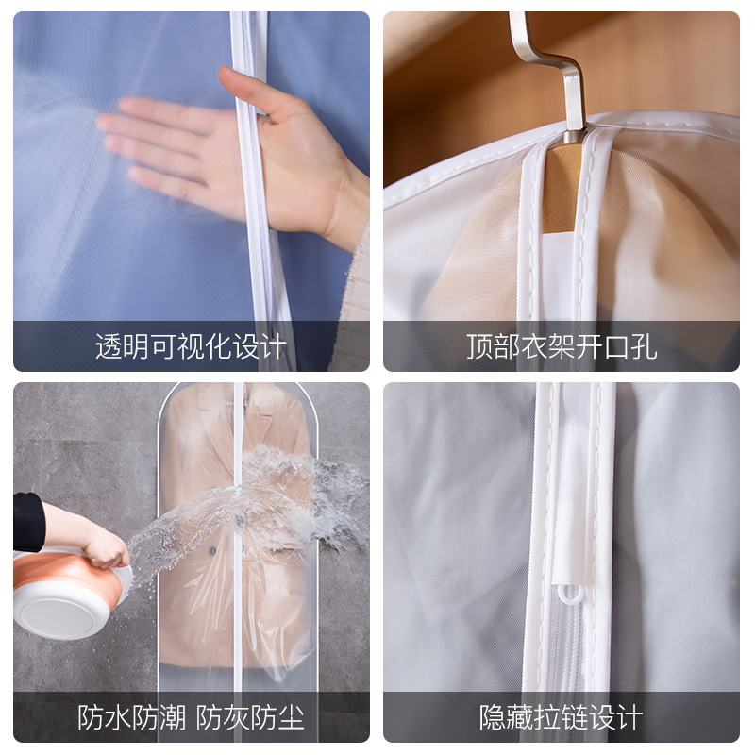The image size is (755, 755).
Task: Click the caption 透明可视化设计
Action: [191, 346]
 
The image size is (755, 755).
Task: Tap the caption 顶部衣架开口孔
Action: [562, 346]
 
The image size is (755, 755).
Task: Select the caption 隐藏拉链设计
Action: [562, 717]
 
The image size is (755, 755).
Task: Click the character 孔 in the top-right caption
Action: [644, 346]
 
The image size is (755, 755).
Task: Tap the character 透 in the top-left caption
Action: [109, 346]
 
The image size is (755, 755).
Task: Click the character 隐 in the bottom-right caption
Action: [494, 717]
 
